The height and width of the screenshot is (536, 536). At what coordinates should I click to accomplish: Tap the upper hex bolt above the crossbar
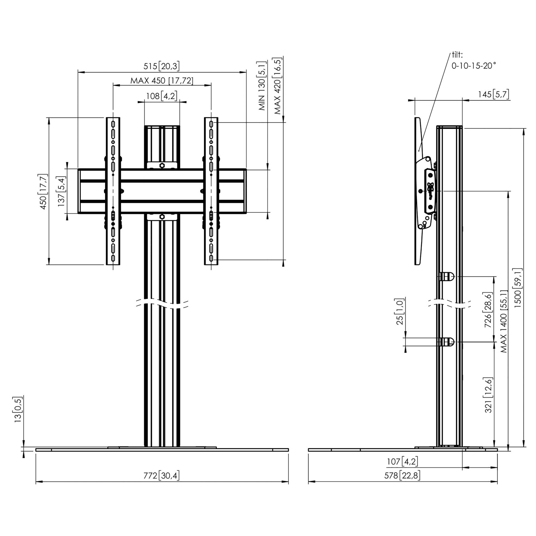[x=162, y=165]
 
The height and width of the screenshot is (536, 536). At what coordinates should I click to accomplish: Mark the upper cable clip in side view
[x=447, y=277]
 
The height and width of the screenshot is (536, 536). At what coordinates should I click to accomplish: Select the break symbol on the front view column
[x=162, y=304]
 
